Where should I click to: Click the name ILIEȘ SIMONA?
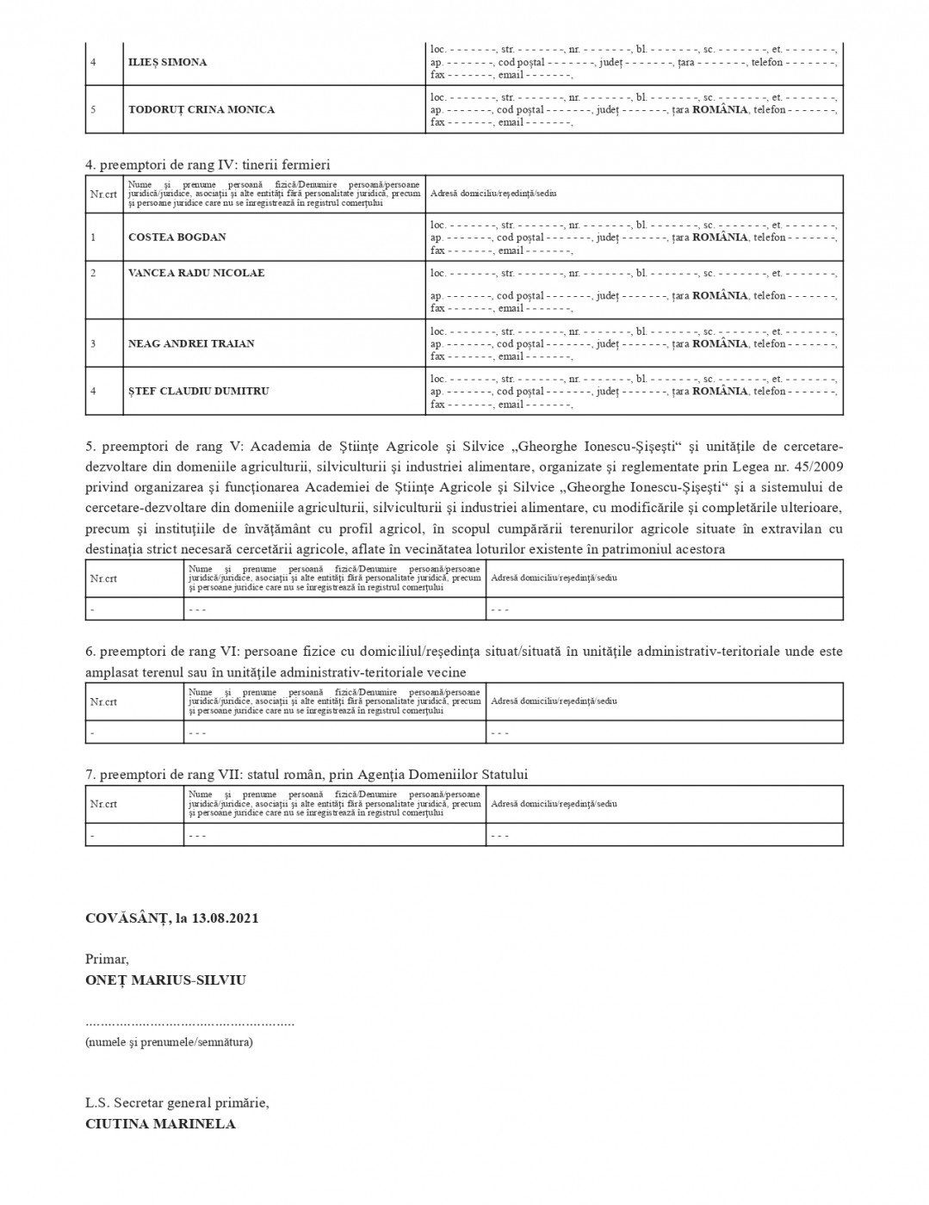[x=167, y=62]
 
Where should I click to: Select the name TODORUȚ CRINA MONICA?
[x=201, y=109]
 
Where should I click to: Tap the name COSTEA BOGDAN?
[x=177, y=237]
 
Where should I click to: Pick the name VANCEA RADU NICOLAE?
[x=196, y=273]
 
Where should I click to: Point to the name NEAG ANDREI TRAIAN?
[x=191, y=343]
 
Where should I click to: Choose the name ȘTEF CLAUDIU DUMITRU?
[x=199, y=391]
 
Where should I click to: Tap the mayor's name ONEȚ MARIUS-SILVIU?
[x=166, y=979]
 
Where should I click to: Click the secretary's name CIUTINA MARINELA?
[x=160, y=1123]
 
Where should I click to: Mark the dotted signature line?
[x=189, y=1023]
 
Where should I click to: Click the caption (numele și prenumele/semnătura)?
[x=169, y=1042]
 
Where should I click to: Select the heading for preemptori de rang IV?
[x=207, y=164]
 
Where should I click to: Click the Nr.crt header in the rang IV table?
[x=103, y=194]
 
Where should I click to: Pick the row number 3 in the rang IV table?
[x=94, y=343]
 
